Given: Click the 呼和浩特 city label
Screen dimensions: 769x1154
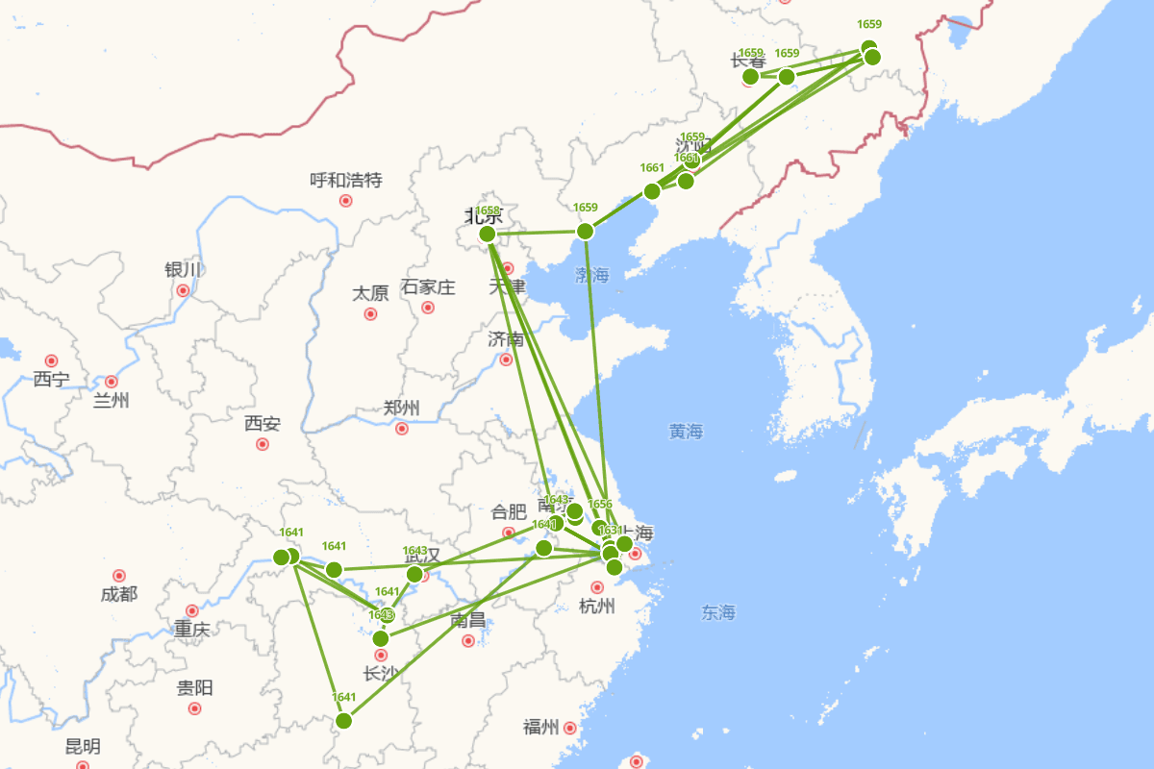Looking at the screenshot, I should pos(346,180).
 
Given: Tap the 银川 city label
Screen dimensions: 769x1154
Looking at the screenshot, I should pos(183,269).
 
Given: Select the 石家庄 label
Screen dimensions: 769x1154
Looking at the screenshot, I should pos(428,286).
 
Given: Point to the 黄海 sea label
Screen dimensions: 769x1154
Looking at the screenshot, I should pos(686,432).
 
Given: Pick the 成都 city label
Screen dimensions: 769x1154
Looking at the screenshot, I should pos(118,594).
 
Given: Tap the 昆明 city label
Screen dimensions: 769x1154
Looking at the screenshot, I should pos(83,746).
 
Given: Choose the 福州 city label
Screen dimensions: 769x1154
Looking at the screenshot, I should pos(540,727).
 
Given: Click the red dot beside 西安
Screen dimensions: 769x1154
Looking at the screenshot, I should pos(263,444).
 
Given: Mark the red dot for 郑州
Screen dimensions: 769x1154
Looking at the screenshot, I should pos(402,429).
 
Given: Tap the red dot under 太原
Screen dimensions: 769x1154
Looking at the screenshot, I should pos(370,313).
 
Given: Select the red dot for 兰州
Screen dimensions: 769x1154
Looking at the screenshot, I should pos(112,382).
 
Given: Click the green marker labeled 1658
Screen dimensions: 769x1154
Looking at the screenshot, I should pos(488,234).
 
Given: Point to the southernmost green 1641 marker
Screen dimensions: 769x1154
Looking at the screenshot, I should pos(343,721).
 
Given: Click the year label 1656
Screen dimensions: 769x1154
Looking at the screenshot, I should pos(599,504).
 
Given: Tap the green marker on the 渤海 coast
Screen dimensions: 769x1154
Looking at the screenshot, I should pos(585,231).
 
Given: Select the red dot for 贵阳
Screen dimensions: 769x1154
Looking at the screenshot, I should pos(195,708).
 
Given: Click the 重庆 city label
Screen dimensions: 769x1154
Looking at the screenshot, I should pos(191,630).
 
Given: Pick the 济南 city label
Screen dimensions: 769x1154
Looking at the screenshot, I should pos(506,339).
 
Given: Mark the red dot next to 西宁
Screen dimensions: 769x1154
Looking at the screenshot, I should pos(51,360).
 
